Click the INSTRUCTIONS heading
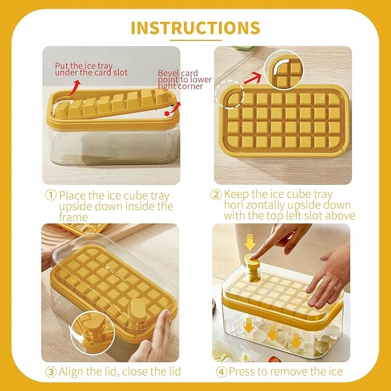(x=196, y=28)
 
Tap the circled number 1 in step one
(x=51, y=195)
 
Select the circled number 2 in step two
(x=216, y=195)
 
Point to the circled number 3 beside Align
(x=51, y=372)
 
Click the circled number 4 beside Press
(x=222, y=372)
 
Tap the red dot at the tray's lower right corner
(x=167, y=113)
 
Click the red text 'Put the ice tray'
(x=84, y=66)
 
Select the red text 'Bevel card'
(x=178, y=73)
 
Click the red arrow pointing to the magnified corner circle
(x=252, y=78)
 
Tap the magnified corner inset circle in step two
(x=284, y=70)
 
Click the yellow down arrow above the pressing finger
(x=249, y=242)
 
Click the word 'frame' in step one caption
(x=73, y=218)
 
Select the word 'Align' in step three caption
(x=72, y=372)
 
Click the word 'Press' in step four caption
(x=242, y=371)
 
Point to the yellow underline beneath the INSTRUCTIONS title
(x=196, y=40)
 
